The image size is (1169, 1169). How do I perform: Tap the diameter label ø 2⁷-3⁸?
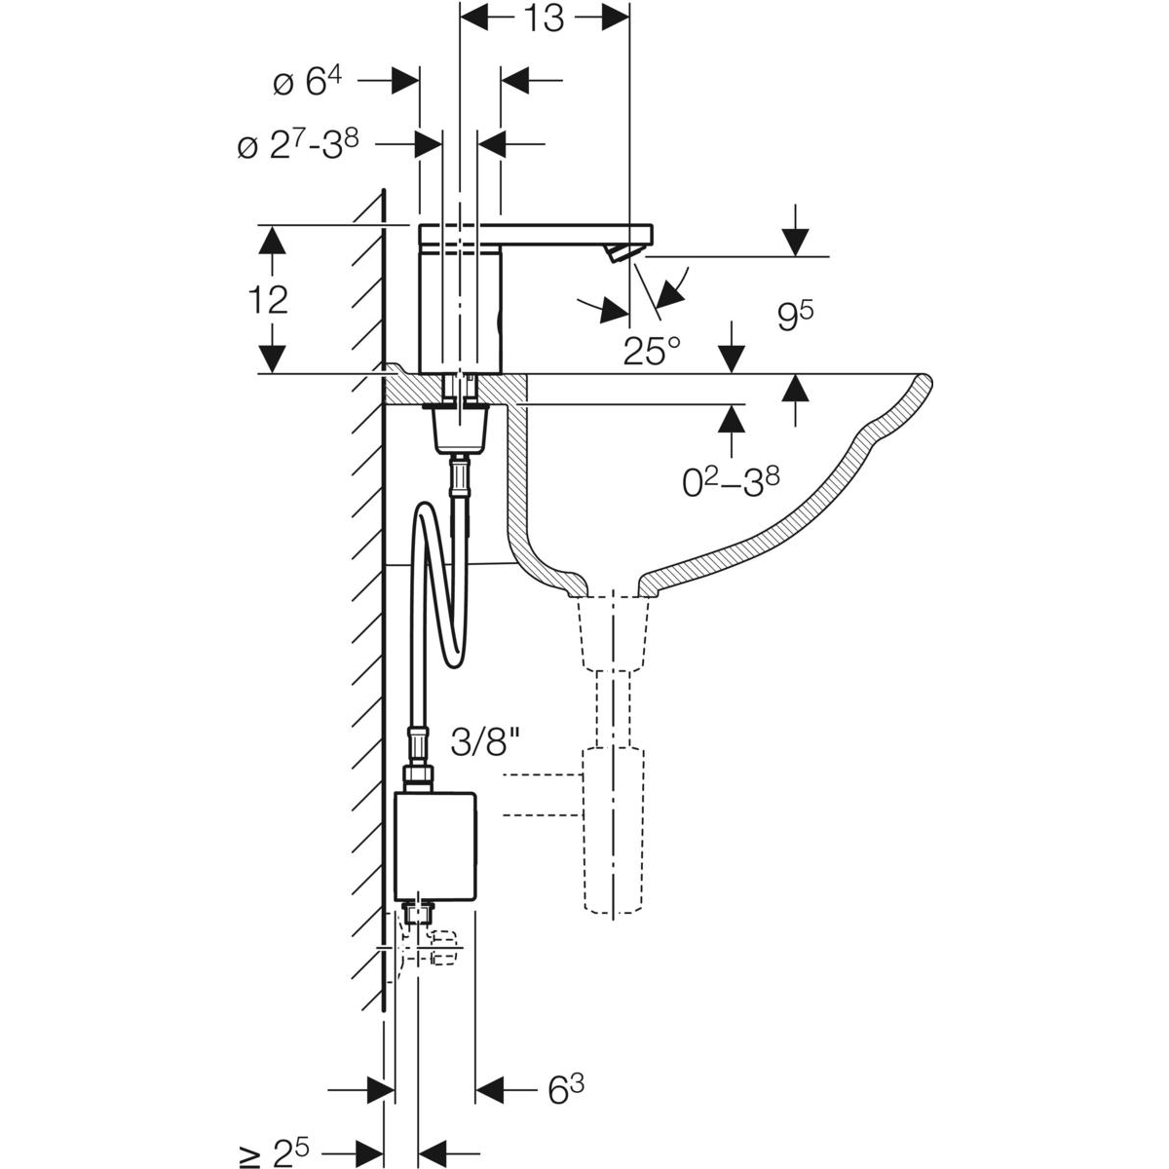(x=298, y=145)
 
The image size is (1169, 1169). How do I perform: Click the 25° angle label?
(x=652, y=350)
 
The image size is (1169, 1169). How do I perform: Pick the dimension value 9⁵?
(x=795, y=318)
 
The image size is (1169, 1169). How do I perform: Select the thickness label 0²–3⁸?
(x=730, y=481)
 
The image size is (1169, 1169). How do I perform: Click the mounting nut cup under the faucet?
(x=459, y=428)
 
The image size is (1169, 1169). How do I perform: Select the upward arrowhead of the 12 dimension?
(x=274, y=238)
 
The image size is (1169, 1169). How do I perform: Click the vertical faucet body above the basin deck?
(x=459, y=312)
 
